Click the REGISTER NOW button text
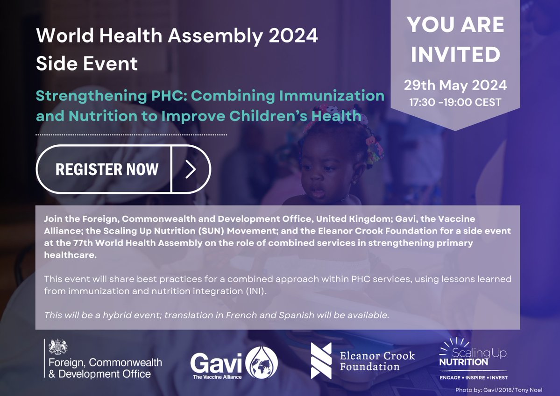107,169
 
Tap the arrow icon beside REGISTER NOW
190,170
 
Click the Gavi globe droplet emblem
262,362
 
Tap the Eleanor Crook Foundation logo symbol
321,361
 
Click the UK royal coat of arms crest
58,347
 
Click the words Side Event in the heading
87,64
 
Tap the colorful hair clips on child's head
371,142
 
